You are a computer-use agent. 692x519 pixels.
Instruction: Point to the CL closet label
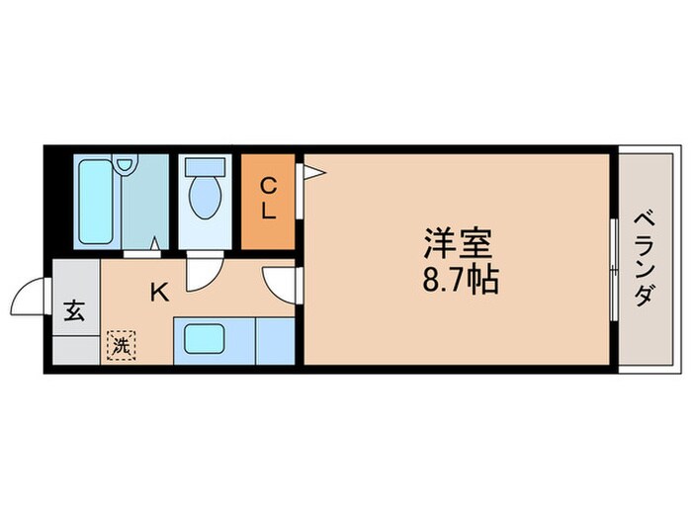tap(268, 199)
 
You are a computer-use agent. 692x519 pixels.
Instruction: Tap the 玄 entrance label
tap(75, 310)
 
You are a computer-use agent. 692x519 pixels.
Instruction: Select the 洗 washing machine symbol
tap(121, 345)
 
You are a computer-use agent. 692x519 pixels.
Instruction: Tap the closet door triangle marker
tap(312, 174)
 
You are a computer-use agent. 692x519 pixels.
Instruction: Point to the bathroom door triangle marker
tap(155, 240)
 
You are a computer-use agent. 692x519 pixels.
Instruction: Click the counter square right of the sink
tap(275, 340)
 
